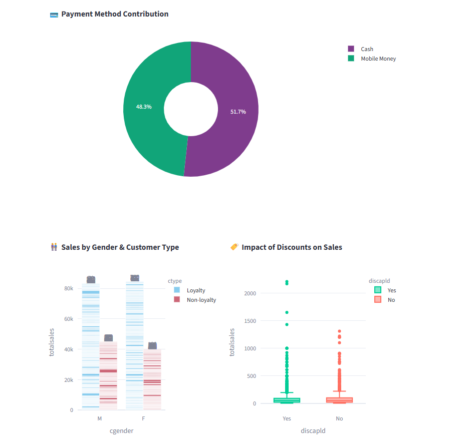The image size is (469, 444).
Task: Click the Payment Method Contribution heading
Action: click(x=115, y=14)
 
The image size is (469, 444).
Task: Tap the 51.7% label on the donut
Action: click(x=238, y=112)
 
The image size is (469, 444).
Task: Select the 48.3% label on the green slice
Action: click(x=144, y=107)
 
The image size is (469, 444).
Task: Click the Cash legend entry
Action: click(x=367, y=49)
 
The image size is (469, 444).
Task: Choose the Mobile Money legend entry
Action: click(x=378, y=59)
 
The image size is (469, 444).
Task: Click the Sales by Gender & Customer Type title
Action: click(x=120, y=247)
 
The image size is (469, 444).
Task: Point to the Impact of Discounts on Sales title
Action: click(x=292, y=247)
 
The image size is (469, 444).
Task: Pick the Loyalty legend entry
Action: click(x=195, y=290)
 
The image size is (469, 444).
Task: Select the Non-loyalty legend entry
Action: click(x=201, y=300)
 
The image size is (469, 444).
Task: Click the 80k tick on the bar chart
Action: click(x=68, y=288)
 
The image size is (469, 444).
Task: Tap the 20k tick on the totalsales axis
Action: click(x=68, y=380)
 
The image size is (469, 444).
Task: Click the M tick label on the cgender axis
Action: click(x=99, y=418)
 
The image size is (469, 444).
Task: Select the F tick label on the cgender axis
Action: click(x=144, y=418)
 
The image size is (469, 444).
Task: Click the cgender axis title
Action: click(x=121, y=430)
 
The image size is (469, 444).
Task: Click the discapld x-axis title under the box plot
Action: click(x=313, y=430)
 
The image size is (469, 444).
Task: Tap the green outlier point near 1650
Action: click(x=287, y=312)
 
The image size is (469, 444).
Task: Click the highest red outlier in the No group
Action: click(x=339, y=331)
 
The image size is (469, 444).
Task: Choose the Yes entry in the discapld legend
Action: click(x=391, y=290)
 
